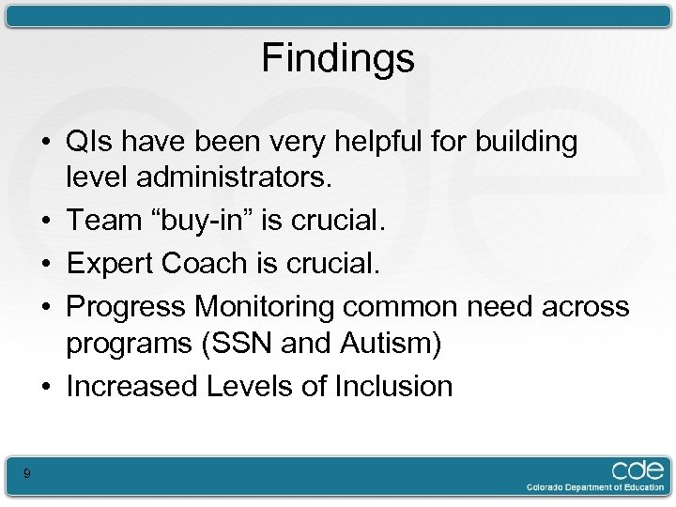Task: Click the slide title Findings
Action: click(337, 58)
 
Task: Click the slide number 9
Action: click(27, 474)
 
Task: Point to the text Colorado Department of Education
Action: click(594, 488)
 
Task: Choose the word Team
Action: click(103, 221)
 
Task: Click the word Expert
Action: click(110, 263)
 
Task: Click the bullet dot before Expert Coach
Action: click(45, 264)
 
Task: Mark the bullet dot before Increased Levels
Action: click(45, 387)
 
